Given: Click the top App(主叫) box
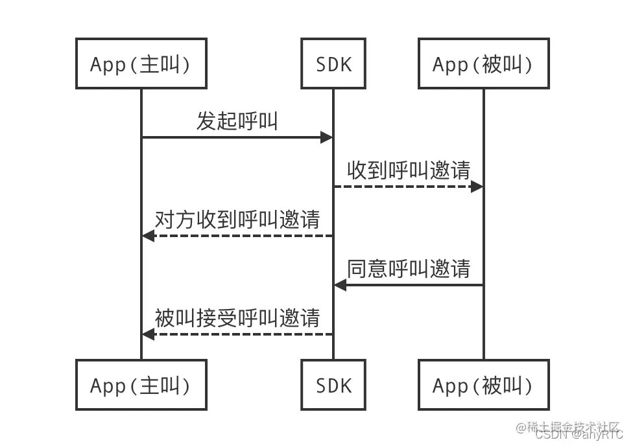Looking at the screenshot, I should click(141, 63).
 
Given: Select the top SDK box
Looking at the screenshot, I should click(333, 63).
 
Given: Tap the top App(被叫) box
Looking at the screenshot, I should click(483, 63).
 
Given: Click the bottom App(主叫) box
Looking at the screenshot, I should click(141, 385).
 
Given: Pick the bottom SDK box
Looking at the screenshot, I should click(333, 385).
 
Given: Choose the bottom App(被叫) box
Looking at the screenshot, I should click(483, 385).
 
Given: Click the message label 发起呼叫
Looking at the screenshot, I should click(237, 120).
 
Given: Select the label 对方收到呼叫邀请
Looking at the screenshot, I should click(237, 219).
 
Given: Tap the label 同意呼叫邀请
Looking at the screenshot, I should click(409, 268).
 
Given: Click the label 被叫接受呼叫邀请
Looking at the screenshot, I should click(237, 317).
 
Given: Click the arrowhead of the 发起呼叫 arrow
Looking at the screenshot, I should click(327, 137).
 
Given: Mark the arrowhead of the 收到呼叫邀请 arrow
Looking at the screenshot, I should click(477, 187).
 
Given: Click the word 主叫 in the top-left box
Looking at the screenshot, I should click(159, 64).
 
